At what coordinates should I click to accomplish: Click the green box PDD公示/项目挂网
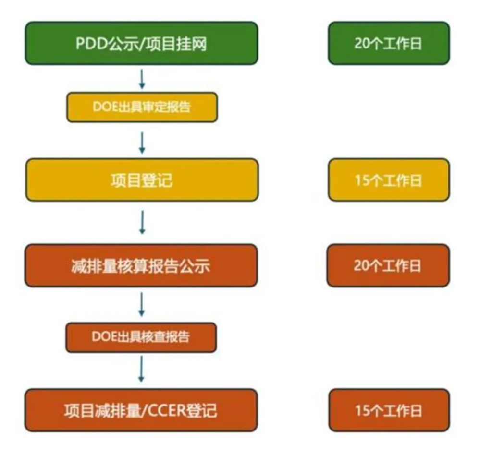click(142, 43)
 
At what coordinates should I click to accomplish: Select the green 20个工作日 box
click(388, 43)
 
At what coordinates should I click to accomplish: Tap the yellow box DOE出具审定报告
click(142, 107)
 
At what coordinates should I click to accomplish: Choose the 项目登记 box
click(142, 180)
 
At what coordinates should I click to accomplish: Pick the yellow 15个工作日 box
click(388, 180)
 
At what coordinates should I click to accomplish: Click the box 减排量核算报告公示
click(142, 265)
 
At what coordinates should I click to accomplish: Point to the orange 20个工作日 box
click(388, 265)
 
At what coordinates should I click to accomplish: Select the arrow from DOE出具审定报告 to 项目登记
click(142, 142)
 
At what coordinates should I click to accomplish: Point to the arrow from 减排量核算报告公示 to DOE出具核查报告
click(142, 303)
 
